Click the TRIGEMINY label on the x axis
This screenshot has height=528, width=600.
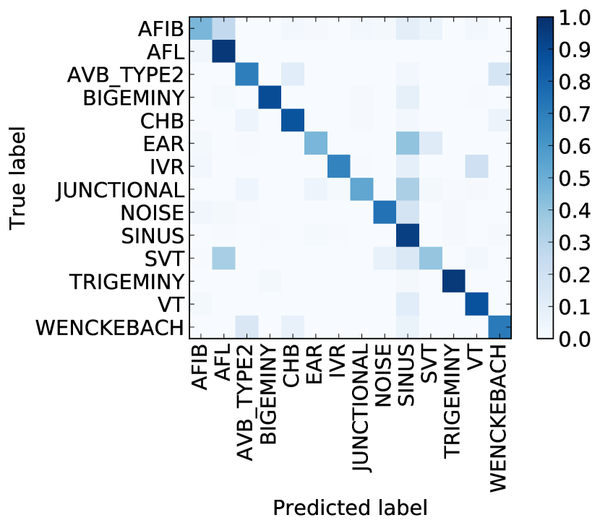click(x=453, y=401)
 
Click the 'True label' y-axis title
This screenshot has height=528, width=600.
click(x=20, y=178)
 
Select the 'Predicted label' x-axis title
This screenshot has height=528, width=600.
click(x=350, y=508)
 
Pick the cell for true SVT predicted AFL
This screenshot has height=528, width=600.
click(x=224, y=258)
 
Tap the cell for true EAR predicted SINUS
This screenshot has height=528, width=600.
click(x=408, y=142)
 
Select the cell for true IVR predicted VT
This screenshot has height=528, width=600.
click(x=476, y=165)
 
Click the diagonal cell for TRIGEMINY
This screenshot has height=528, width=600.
click(x=453, y=281)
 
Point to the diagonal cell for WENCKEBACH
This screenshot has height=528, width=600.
click(x=500, y=326)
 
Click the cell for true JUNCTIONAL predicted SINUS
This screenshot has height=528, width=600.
click(x=408, y=189)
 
